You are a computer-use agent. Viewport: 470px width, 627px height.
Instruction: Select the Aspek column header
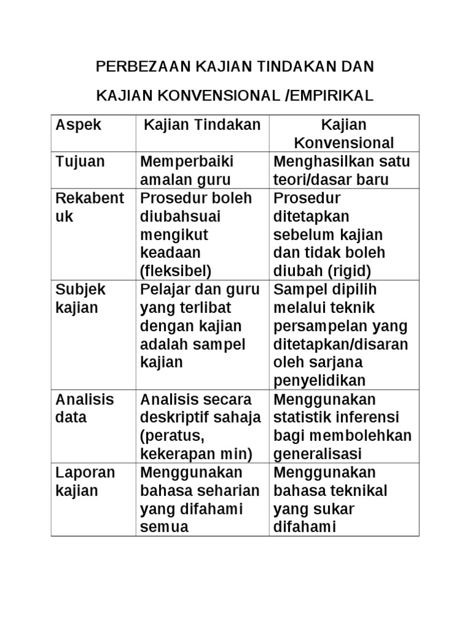point(79,126)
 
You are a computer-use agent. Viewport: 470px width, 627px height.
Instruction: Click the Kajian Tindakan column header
point(202,126)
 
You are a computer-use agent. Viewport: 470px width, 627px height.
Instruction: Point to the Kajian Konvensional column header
point(344,134)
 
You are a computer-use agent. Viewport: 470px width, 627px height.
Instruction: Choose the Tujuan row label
point(80,162)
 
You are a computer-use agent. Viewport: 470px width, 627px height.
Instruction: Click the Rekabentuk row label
point(90,208)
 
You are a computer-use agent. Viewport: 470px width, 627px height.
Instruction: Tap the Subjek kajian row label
point(80,298)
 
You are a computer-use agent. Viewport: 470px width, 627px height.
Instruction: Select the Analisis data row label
point(84,408)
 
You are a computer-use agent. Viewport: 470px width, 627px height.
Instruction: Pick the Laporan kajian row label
point(85,482)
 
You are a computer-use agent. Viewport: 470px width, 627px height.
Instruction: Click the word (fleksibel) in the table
point(176,271)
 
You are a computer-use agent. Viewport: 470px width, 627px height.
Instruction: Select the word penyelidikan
point(319,381)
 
